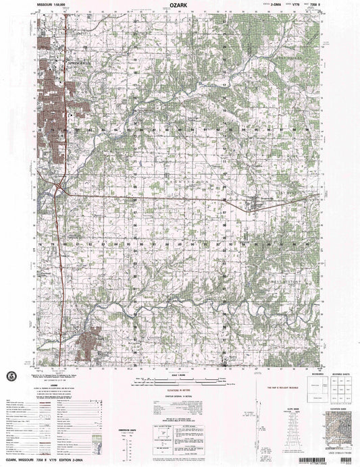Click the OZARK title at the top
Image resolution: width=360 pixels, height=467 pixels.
coord(179,5)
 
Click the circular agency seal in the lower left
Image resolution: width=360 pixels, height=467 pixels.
coord(15,377)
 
